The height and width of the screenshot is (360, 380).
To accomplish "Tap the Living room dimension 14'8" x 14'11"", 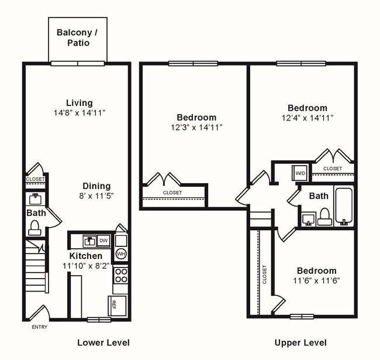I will point(79,112).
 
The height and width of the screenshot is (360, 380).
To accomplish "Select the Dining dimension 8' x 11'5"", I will point(96,196).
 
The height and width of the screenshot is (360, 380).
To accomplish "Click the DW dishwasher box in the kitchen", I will point(103,240).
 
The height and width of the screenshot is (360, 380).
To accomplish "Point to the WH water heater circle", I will point(121,254).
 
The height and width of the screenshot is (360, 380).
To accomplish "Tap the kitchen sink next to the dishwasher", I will point(89,240).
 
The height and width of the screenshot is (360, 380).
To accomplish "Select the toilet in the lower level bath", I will point(34,227).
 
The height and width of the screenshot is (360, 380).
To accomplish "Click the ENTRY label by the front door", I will point(39,327).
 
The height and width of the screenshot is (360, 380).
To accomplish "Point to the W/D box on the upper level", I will point(300,173).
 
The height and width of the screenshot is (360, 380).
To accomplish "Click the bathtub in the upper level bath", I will point(344,206).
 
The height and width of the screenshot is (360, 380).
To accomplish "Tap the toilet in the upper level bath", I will point(325,217).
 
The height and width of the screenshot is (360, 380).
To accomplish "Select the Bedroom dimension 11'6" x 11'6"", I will point(316,280).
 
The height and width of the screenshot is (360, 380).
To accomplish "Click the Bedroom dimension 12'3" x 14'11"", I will point(196,127).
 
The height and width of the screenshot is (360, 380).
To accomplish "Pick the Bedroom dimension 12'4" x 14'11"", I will point(307,118).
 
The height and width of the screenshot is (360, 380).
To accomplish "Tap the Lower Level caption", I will point(103,342).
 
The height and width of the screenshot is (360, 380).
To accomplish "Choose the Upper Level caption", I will point(300,342).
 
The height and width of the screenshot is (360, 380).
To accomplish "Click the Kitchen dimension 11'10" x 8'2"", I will point(86,265).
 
